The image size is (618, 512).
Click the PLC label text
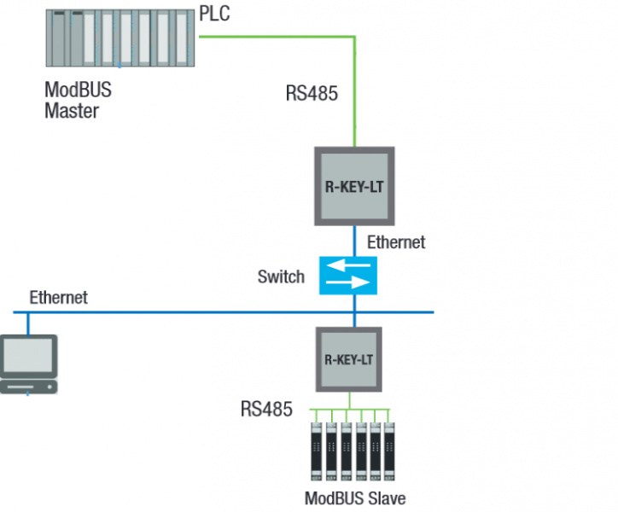[214, 15]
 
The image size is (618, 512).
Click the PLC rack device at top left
[120, 39]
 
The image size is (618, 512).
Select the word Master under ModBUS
[72, 110]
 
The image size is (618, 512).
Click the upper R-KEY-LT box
[354, 186]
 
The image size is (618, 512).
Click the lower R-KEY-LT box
[350, 359]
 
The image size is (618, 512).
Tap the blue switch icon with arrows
[348, 276]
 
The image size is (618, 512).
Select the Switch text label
[281, 276]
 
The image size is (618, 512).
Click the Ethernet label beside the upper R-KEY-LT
[395, 242]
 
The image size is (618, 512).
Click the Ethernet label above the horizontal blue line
[58, 298]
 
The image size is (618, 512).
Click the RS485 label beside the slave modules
[266, 410]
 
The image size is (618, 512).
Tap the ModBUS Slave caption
[355, 498]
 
